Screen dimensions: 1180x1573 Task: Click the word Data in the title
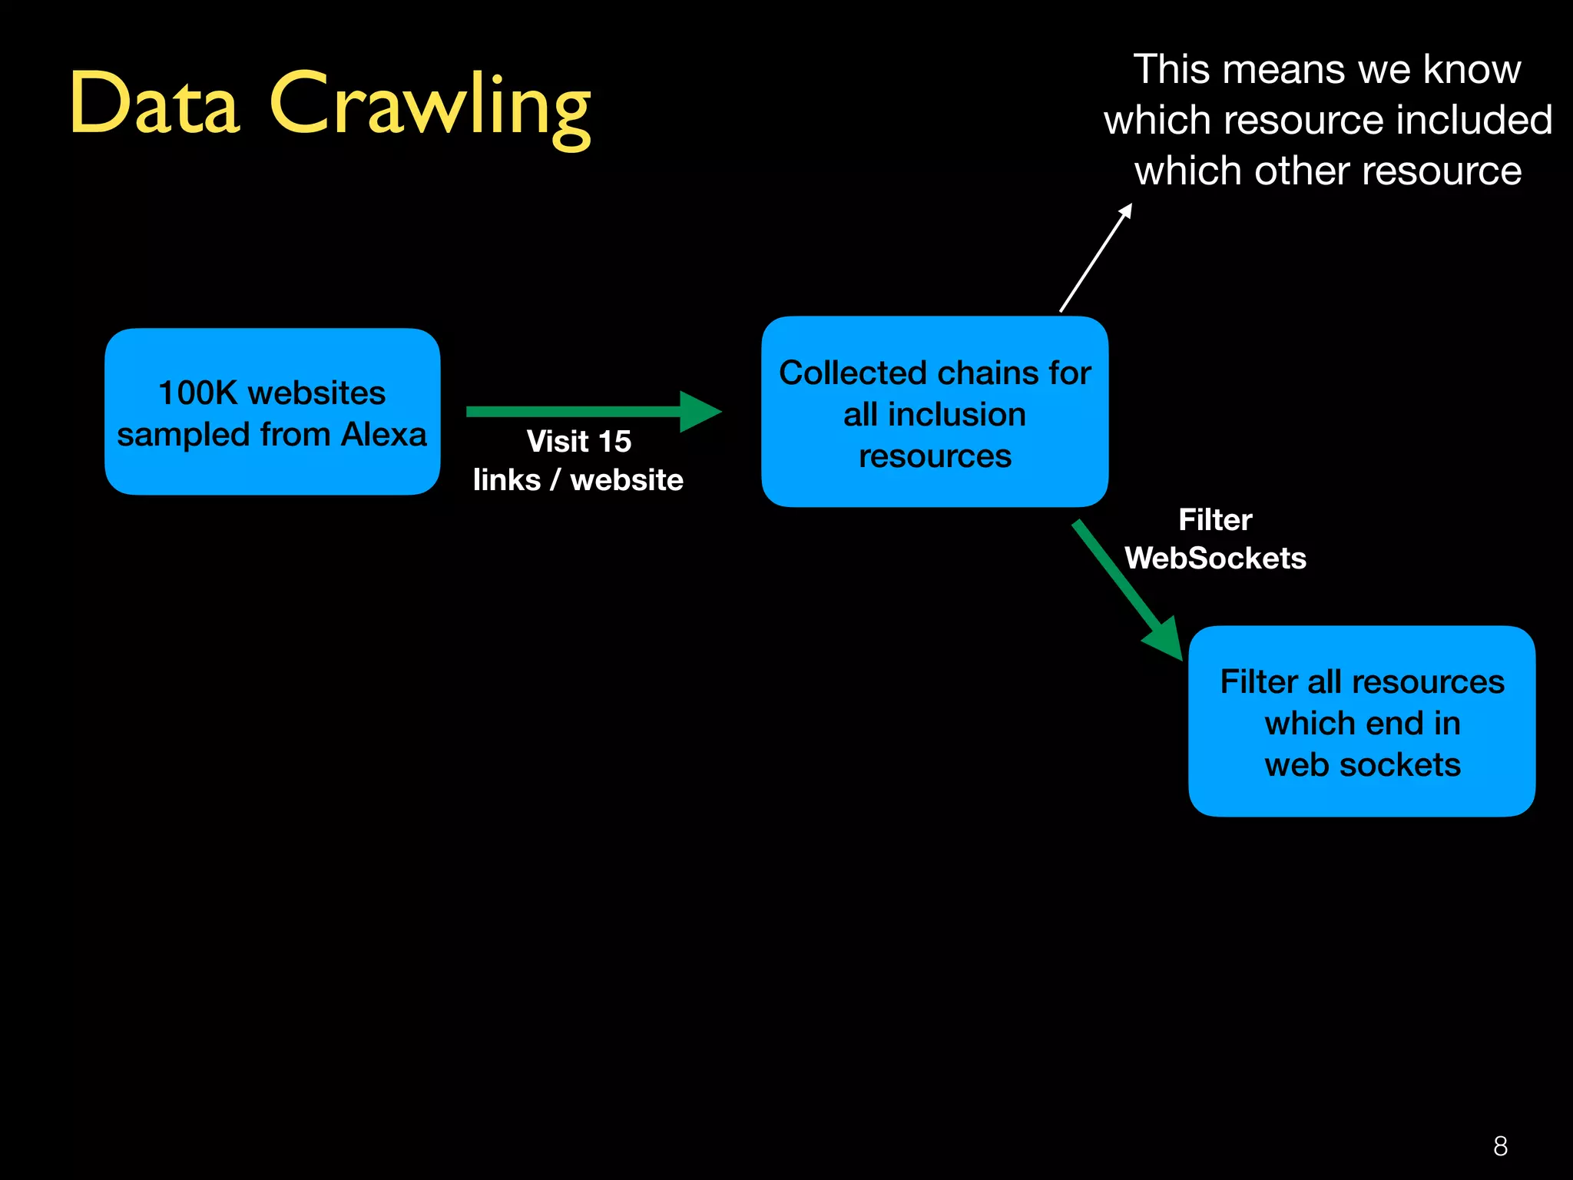coord(154,103)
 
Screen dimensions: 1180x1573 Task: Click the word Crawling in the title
coord(429,106)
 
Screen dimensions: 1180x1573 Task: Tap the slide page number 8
coord(1500,1146)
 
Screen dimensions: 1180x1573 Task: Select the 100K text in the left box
coord(197,393)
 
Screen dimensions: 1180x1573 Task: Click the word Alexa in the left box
coord(383,435)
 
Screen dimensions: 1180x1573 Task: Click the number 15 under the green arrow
coord(614,442)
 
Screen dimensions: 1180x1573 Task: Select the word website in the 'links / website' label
coord(626,480)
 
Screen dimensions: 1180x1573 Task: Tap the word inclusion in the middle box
coord(956,415)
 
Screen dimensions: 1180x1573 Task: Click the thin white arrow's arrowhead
coord(1125,210)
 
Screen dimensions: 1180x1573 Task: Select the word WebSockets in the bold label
coord(1215,559)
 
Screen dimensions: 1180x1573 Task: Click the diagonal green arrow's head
coord(1166,639)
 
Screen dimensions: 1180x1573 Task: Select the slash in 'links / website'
coord(555,480)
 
